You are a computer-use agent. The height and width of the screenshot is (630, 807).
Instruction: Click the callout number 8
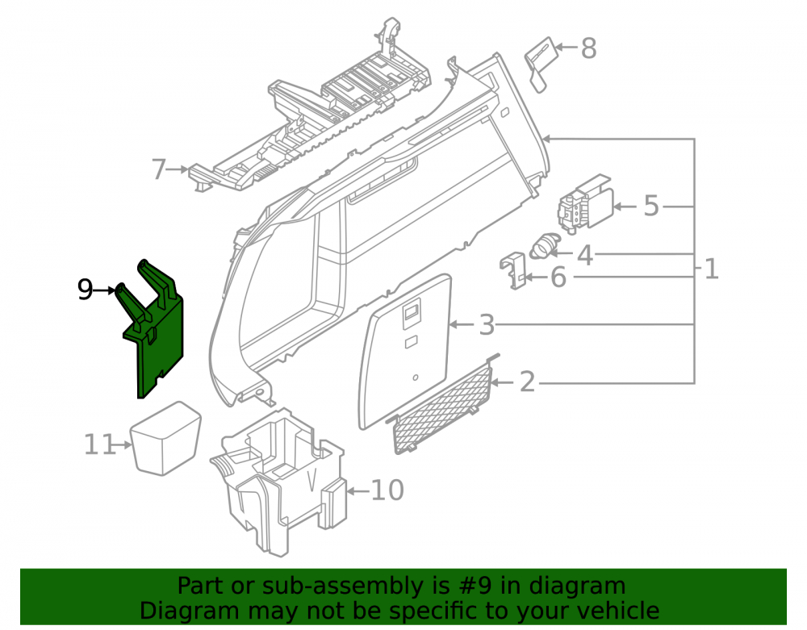pyautogui.click(x=589, y=48)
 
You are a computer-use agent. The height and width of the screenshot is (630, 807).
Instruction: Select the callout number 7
pyautogui.click(x=160, y=169)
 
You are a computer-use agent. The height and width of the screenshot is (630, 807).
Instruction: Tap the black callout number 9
pyautogui.click(x=85, y=290)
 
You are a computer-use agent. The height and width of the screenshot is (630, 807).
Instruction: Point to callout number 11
pyautogui.click(x=100, y=444)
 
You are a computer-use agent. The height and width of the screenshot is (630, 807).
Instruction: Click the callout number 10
pyautogui.click(x=387, y=490)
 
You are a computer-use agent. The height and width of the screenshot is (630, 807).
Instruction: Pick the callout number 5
pyautogui.click(x=651, y=206)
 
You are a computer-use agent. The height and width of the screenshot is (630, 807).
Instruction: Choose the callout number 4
pyautogui.click(x=585, y=255)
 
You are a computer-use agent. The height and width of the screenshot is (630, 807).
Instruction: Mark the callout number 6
pyautogui.click(x=558, y=277)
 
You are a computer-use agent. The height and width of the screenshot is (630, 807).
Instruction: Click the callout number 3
pyautogui.click(x=487, y=325)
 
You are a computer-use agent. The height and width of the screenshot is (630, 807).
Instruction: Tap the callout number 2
pyautogui.click(x=528, y=382)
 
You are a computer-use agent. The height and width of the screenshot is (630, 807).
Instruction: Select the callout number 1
pyautogui.click(x=711, y=269)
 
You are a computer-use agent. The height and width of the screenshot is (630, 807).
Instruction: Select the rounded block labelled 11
pyautogui.click(x=165, y=438)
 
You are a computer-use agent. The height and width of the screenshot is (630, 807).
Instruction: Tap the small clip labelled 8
pyautogui.click(x=541, y=64)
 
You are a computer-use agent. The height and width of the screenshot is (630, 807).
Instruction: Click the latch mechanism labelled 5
pyautogui.click(x=586, y=204)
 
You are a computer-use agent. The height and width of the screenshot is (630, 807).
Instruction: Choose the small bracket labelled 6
pyautogui.click(x=513, y=270)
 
